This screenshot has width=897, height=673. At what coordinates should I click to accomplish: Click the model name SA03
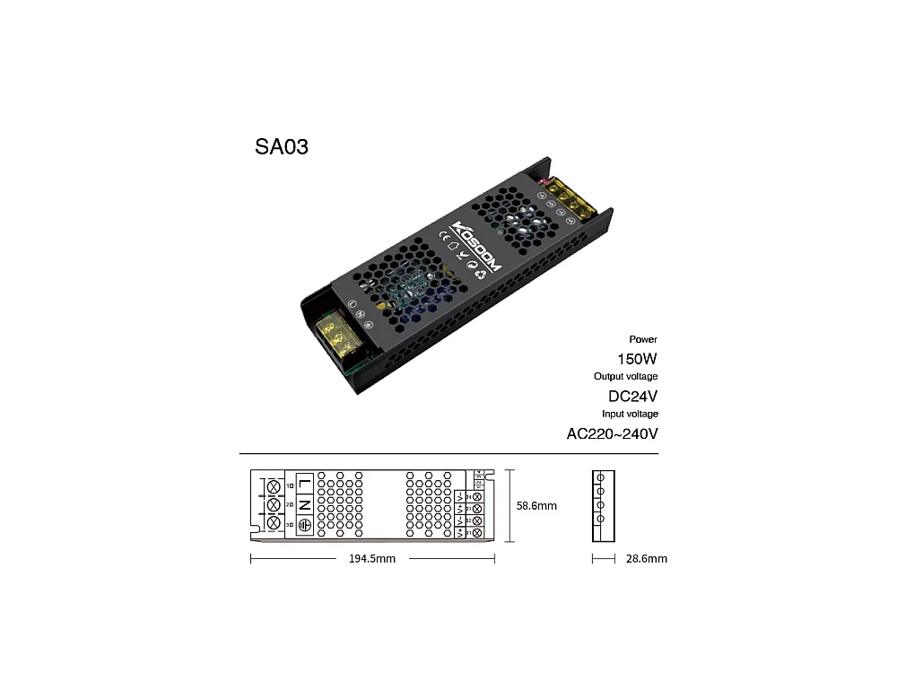click(x=282, y=147)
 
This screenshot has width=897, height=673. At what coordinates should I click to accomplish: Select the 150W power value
click(x=638, y=358)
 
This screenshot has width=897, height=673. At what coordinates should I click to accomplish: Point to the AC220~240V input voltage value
click(x=613, y=434)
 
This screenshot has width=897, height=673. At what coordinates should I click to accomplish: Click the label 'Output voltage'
click(x=625, y=376)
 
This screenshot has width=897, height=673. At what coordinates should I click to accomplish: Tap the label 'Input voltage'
click(x=630, y=414)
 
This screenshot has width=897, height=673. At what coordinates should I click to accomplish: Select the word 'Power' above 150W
click(x=643, y=339)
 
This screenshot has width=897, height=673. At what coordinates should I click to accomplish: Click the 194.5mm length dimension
click(x=371, y=559)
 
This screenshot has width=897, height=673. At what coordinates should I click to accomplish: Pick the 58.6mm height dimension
click(x=536, y=506)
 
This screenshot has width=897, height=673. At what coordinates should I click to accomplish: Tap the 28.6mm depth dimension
click(x=646, y=559)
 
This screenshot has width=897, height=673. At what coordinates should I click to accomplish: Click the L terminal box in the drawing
click(x=304, y=485)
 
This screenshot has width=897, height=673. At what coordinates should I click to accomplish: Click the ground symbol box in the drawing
click(x=304, y=524)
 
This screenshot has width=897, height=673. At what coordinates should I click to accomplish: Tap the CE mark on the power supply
click(x=443, y=237)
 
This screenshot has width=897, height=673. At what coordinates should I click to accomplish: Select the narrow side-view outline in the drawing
click(x=601, y=506)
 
